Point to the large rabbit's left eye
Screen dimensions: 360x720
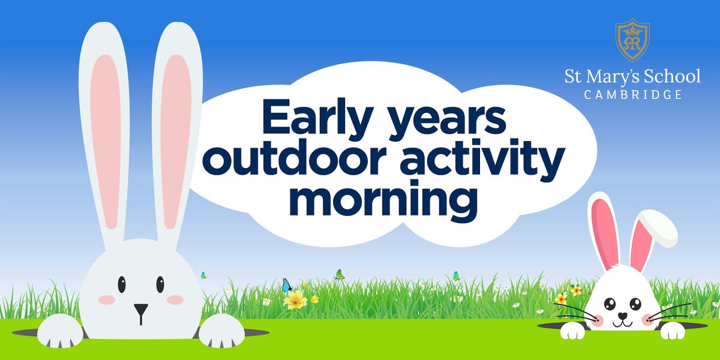pyautogui.click(x=121, y=283)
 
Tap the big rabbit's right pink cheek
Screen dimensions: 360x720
pyautogui.click(x=176, y=299)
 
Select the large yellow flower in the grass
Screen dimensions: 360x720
pyautogui.click(x=295, y=299)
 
